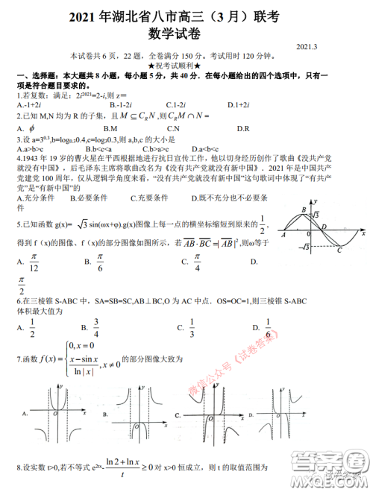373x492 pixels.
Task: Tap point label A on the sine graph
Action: (283, 234)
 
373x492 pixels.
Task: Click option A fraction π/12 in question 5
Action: (33, 262)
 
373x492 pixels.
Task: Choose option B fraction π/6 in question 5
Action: (98, 262)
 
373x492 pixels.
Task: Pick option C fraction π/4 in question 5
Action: (195, 262)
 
